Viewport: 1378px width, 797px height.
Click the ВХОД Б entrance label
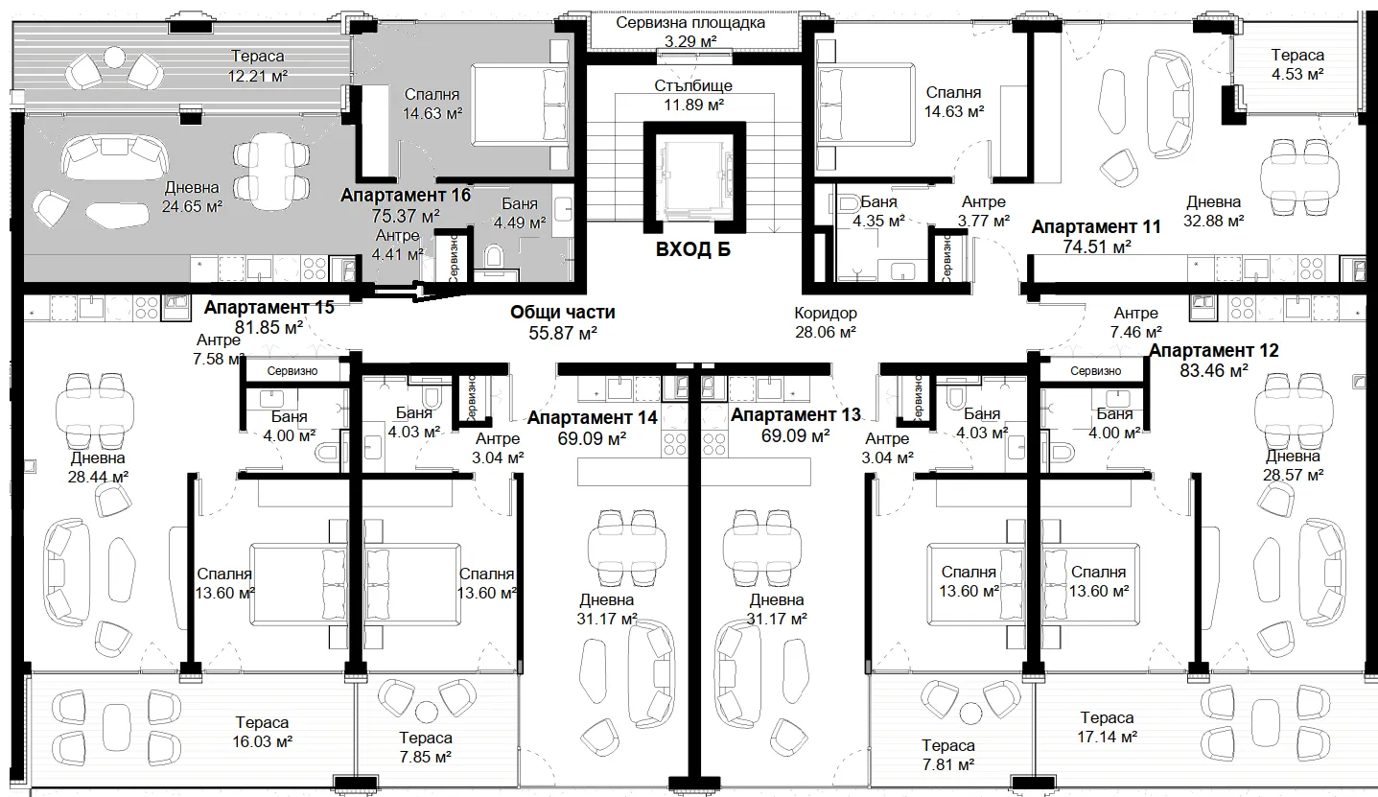tap(692, 250)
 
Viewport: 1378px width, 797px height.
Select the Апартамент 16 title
tap(406, 196)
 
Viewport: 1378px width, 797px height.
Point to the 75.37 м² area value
tap(406, 216)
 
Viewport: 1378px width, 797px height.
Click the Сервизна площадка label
tap(690, 23)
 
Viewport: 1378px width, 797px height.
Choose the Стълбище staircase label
tap(693, 85)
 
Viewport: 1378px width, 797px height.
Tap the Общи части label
tap(562, 312)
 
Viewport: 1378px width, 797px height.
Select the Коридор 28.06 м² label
tap(825, 322)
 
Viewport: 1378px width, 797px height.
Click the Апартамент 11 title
tap(1096, 227)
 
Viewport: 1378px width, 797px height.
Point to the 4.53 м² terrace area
tap(1297, 74)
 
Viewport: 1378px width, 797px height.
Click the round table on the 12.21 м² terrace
tap(114, 58)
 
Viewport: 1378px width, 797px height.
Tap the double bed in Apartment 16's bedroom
tap(520, 105)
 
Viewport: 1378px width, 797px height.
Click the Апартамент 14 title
tap(593, 418)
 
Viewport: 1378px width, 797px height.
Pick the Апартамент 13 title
tap(795, 415)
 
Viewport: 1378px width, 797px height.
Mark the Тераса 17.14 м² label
tap(1107, 727)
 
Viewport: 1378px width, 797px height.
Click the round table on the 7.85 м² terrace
tap(426, 712)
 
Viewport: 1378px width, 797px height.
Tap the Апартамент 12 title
tap(1214, 351)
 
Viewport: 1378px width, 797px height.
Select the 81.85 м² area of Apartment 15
tap(269, 327)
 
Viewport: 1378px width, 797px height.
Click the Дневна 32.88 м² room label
tap(1213, 211)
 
